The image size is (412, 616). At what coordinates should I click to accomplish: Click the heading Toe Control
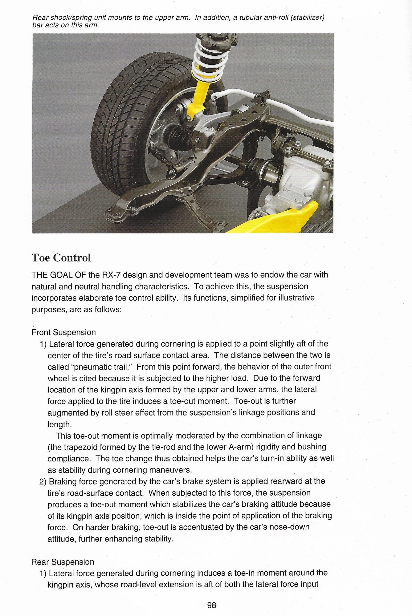point(61,257)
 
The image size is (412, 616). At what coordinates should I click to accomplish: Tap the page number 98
point(212,606)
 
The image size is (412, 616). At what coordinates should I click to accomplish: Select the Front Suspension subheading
point(63,332)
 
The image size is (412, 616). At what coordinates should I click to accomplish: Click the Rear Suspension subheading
point(63,562)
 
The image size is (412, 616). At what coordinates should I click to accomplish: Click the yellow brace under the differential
point(277,219)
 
